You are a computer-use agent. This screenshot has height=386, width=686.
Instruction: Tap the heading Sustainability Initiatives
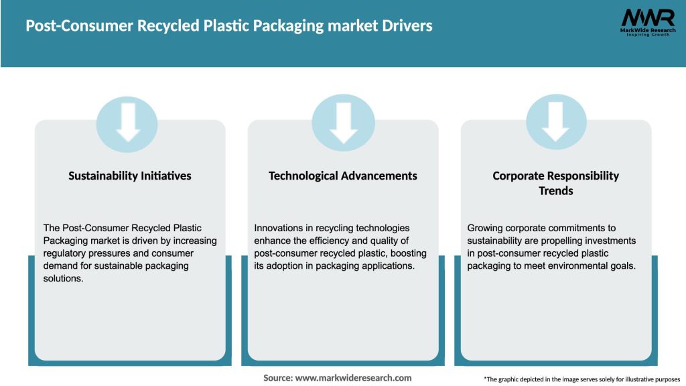(130, 176)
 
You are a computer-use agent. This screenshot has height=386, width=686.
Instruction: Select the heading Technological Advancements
(343, 176)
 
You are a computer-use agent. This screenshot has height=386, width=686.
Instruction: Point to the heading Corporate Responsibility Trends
(555, 183)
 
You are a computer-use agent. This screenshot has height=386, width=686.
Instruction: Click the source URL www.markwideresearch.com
(353, 378)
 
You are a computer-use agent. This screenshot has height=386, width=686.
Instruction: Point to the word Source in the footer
(277, 378)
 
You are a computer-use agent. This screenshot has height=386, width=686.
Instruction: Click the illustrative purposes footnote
(581, 379)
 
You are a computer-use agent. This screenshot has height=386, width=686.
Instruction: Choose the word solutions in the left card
(64, 278)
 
